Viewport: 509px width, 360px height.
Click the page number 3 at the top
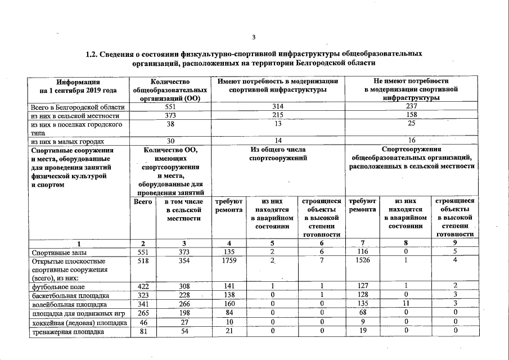[x=254, y=38]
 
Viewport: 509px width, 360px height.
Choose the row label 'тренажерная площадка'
[x=67, y=332]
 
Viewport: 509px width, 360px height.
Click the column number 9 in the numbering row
[x=453, y=244]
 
